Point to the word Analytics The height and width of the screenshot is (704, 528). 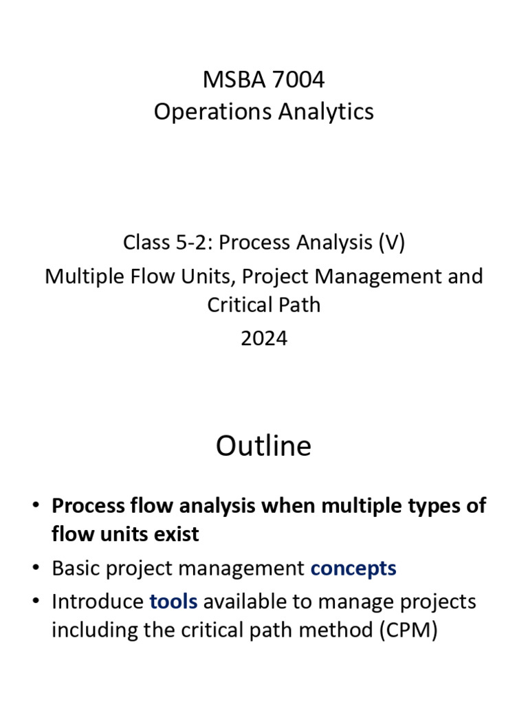(333, 111)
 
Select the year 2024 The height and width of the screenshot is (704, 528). (264, 338)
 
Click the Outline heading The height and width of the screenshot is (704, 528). (263, 446)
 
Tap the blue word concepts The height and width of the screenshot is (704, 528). (353, 569)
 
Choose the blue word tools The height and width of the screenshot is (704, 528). (173, 602)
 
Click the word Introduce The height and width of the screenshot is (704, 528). (98, 602)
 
